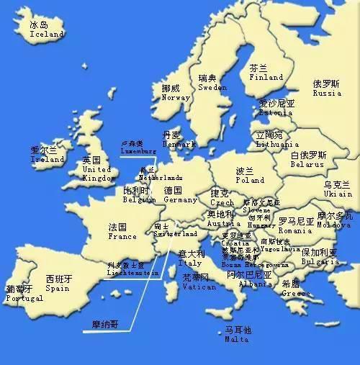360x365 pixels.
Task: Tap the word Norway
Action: point(176,97)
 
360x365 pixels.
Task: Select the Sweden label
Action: point(212,87)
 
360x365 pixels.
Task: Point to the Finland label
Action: point(266,77)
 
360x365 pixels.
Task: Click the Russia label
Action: point(327,93)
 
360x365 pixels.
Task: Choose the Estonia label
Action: point(276,112)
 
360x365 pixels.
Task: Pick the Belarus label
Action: point(308,163)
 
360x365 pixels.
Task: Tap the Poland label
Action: point(250,180)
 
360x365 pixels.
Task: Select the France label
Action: point(122,236)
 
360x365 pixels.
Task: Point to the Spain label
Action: point(58,288)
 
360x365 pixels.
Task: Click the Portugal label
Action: point(24,298)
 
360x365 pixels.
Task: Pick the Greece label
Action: point(296,293)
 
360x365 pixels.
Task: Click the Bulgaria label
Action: point(319,262)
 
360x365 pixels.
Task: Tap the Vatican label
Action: point(199,287)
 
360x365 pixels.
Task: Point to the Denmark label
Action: point(179,144)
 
